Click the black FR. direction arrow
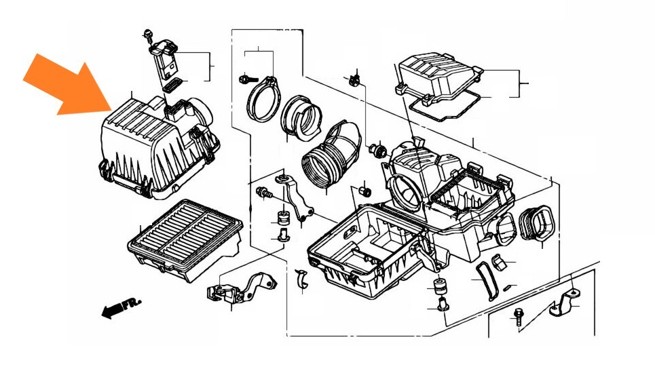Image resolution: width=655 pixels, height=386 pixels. [x=121, y=307]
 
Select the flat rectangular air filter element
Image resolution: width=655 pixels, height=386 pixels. [x=185, y=239]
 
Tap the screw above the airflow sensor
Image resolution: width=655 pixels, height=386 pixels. [x=147, y=35]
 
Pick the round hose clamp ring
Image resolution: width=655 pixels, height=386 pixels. [x=263, y=99]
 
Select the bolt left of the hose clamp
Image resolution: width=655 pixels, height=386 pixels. [x=247, y=79]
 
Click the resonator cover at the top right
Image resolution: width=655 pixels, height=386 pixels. [x=439, y=77]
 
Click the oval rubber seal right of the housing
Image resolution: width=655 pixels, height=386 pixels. [x=536, y=223]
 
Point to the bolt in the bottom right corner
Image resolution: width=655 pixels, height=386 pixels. [x=519, y=317]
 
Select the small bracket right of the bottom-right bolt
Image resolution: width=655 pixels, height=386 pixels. [x=564, y=303]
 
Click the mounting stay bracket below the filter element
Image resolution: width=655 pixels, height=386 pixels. [x=242, y=288]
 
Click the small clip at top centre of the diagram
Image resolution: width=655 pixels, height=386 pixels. [x=355, y=79]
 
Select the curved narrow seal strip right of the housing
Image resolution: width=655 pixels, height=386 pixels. [x=486, y=281]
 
